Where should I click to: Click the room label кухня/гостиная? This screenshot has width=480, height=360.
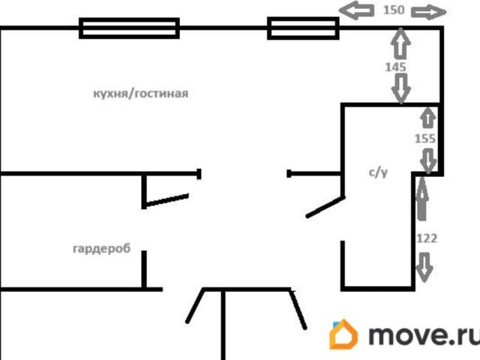[140, 93]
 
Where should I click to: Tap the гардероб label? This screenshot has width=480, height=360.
[102, 248]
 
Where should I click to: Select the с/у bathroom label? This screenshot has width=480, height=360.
[378, 172]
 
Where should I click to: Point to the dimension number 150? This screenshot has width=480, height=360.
[394, 10]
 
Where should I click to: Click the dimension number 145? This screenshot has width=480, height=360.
[395, 67]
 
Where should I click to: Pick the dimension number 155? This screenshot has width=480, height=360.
[425, 139]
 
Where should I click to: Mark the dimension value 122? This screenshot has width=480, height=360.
[427, 238]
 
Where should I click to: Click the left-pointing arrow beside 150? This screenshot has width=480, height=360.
[357, 11]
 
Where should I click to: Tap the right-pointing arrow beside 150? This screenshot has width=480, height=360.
[428, 12]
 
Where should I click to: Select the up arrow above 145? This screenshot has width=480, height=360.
[400, 43]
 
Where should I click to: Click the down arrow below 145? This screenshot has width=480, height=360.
[401, 89]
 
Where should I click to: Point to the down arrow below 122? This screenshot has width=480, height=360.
[424, 267]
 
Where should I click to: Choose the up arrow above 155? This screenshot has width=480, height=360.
[427, 118]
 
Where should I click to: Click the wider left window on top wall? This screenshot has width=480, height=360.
[129, 28]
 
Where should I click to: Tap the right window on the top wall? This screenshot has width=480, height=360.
[303, 28]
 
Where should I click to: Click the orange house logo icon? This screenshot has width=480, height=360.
[343, 334]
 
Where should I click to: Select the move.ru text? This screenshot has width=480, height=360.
[424, 335]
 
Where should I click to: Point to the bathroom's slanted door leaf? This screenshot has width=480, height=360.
[325, 207]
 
